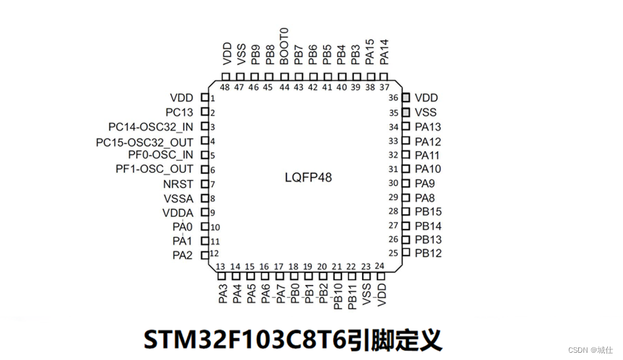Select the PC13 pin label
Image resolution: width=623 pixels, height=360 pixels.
pyautogui.click(x=179, y=113)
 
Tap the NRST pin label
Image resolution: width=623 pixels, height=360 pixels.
pyautogui.click(x=178, y=184)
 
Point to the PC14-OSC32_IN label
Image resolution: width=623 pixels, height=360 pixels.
pyautogui.click(x=151, y=127)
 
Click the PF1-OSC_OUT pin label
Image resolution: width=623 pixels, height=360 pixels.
pyautogui.click(x=154, y=169)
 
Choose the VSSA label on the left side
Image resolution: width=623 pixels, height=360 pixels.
pyautogui.click(x=179, y=198)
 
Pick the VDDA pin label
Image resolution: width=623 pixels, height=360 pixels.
pyautogui.click(x=178, y=212)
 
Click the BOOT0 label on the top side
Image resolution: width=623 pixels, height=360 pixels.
pyautogui.click(x=284, y=45)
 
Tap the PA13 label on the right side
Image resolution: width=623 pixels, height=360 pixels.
pyautogui.click(x=429, y=127)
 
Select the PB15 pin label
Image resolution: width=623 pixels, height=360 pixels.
pyautogui.click(x=429, y=212)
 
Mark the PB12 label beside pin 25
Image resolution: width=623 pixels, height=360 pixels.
pyautogui.click(x=429, y=254)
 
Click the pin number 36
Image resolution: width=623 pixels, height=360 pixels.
pyautogui.click(x=394, y=98)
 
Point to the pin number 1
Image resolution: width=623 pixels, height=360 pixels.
pyautogui.click(x=213, y=98)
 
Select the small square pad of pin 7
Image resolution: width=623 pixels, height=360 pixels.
pyautogui.click(x=204, y=184)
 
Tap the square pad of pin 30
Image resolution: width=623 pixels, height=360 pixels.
pyautogui.click(x=406, y=184)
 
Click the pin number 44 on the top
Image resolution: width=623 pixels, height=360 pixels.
pyautogui.click(x=284, y=87)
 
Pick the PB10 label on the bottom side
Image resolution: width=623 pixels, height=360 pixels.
pyautogui.click(x=338, y=295)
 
